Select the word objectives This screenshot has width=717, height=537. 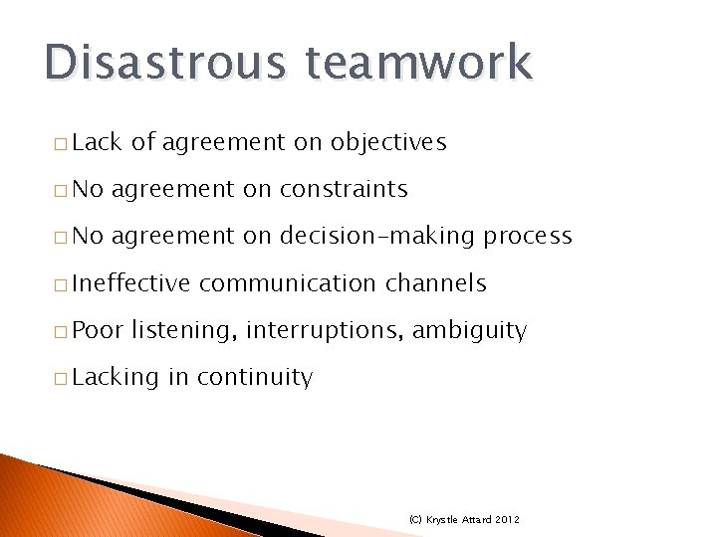pos(389,143)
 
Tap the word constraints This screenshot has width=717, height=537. pos(344,189)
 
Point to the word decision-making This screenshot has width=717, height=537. pos(377,236)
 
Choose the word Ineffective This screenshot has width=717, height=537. pos(131,283)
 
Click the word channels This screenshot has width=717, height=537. pos(435,283)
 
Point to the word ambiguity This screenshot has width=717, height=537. pos(469,331)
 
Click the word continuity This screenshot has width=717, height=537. pos(255,377)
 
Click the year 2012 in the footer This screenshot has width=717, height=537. pos(505,520)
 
